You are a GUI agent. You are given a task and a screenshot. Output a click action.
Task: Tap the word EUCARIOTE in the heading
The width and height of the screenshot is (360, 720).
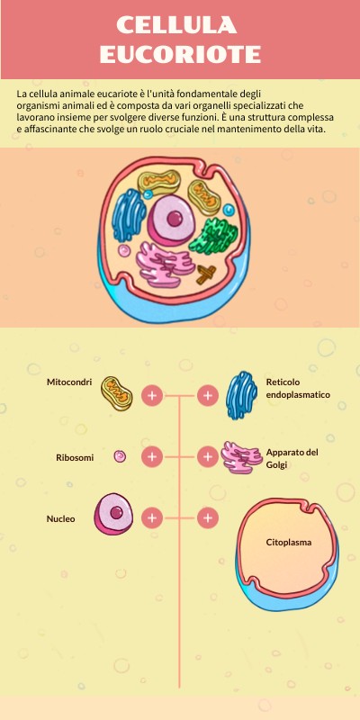(x=180, y=54)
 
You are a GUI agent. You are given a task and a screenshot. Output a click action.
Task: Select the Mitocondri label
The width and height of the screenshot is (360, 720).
(x=69, y=382)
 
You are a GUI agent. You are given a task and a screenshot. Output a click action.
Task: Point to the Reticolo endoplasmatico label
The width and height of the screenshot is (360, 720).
(x=298, y=389)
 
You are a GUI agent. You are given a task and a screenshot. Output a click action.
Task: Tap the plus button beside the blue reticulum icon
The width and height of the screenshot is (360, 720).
(x=208, y=395)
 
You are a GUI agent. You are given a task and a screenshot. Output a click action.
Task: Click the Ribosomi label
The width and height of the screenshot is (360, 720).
(x=75, y=457)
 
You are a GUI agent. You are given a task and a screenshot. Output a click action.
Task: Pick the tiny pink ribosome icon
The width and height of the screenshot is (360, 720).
(x=119, y=457)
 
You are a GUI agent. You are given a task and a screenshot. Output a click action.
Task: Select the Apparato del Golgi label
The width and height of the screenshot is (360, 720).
(x=292, y=458)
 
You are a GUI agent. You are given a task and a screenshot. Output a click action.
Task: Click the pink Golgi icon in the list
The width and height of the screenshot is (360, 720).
(x=241, y=457)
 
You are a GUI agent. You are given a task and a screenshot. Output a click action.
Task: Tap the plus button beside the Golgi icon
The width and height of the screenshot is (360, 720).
(x=208, y=457)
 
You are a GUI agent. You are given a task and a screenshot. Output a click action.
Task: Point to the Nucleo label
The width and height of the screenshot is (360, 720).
(x=61, y=518)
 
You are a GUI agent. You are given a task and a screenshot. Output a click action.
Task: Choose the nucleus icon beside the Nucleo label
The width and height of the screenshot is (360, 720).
(x=115, y=514)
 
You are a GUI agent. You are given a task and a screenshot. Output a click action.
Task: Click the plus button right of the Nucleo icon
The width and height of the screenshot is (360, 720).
(x=152, y=518)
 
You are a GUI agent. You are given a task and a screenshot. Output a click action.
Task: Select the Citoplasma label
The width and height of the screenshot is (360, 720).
(x=289, y=543)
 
